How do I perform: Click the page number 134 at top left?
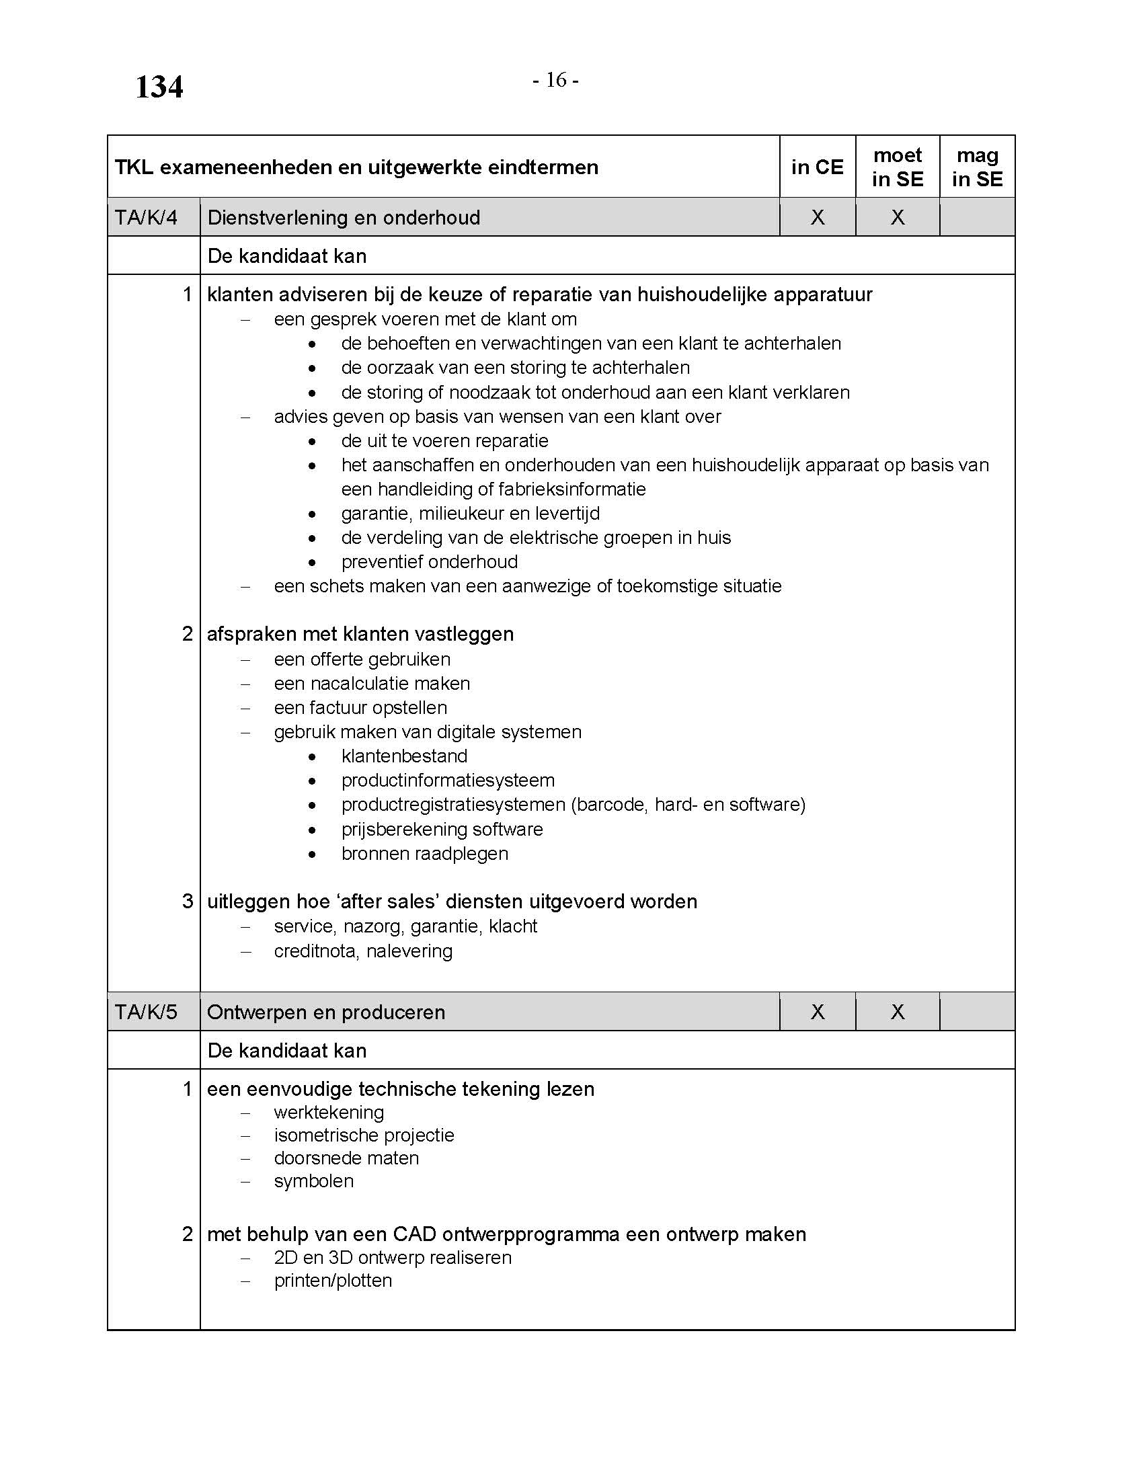click(159, 87)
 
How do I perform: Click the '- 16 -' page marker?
click(555, 81)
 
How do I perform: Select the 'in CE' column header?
click(817, 167)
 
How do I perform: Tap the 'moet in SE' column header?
click(897, 167)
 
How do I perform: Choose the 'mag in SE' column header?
click(976, 167)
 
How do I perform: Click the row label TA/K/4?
click(147, 217)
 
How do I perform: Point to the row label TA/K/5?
click(147, 1012)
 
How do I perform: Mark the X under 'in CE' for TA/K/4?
click(818, 217)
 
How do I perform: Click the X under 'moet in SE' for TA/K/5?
click(897, 1012)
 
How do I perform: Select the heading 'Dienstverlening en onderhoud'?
click(344, 217)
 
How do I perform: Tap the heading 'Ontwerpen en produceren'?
click(325, 1012)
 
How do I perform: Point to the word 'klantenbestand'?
click(404, 756)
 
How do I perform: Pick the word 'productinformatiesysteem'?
click(448, 780)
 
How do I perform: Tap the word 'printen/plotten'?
click(332, 1281)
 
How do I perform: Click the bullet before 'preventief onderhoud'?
click(311, 562)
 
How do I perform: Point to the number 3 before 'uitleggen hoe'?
click(188, 902)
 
